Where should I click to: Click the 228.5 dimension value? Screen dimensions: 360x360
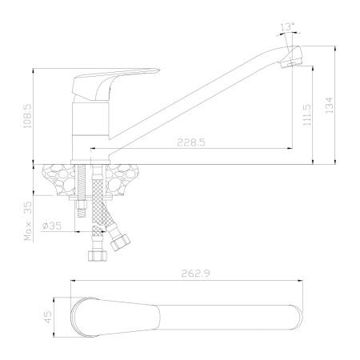point(191,142)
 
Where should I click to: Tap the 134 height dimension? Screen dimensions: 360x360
point(330,106)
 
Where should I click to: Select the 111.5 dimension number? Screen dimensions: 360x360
point(307,115)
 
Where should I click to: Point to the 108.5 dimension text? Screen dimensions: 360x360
point(27,116)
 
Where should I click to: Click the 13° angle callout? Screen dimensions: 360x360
point(287,26)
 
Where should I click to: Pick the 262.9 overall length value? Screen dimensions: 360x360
point(195,274)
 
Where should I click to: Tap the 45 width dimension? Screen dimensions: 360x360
point(48,317)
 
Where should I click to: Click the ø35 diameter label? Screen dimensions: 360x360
point(52,226)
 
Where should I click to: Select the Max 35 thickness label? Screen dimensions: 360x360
point(28,222)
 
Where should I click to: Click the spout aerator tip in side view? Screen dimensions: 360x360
point(291,57)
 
